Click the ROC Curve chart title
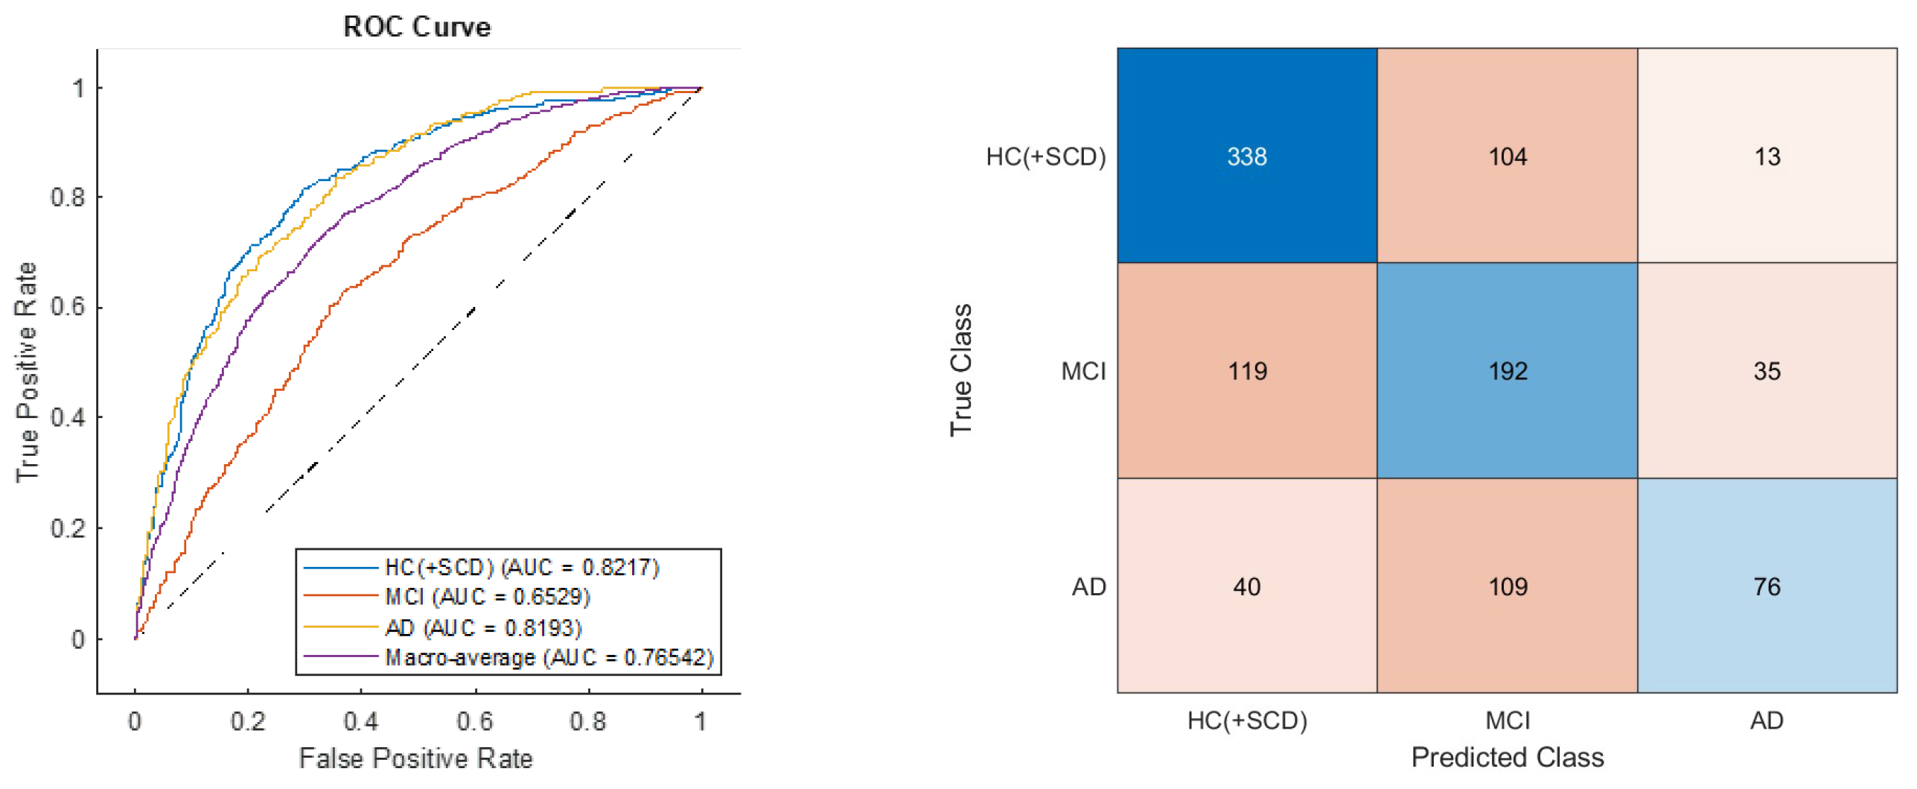416,27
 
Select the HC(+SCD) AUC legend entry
521,568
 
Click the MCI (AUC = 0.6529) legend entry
487,597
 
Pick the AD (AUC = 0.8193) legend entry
482,628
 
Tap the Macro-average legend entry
549,658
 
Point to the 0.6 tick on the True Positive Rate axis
68,307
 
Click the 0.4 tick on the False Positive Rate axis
360,721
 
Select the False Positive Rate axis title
415,758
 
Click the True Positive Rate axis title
27,372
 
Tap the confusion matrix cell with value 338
1247,156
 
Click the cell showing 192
1508,371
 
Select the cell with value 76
1767,586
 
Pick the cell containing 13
1767,156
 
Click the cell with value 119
1247,371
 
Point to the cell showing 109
1508,586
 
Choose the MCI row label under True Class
1083,371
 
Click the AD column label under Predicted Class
1767,720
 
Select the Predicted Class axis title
1508,757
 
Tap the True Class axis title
961,370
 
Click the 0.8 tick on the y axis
68,197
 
